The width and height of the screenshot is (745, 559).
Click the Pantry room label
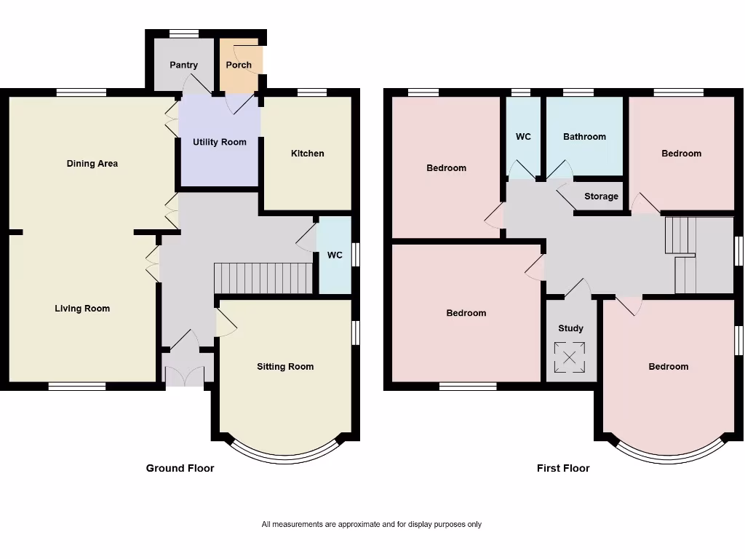coord(183,65)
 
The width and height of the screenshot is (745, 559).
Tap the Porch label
coord(239,65)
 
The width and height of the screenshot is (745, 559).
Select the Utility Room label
coord(219,142)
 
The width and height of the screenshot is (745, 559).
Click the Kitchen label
coord(307,154)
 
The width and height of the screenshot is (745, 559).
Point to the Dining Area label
coord(92,164)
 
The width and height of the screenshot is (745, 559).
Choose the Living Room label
coord(82,309)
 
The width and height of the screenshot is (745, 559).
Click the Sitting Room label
coord(285,367)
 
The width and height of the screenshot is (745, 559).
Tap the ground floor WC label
coord(335,255)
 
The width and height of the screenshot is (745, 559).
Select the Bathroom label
coord(584,137)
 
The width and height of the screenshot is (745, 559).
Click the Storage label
coord(601,197)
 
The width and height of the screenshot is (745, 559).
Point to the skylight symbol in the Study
coord(570,357)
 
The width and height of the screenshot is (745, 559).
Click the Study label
coord(570,328)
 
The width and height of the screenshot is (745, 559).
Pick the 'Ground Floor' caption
coord(180,468)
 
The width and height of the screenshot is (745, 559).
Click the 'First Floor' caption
coord(563,468)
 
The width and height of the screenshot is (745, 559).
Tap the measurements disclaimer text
coord(371,524)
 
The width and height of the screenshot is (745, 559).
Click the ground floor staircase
coord(263,278)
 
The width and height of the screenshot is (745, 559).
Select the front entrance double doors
coord(185,375)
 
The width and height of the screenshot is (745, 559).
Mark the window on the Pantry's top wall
coord(184,33)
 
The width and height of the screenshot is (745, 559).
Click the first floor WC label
coord(523,137)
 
